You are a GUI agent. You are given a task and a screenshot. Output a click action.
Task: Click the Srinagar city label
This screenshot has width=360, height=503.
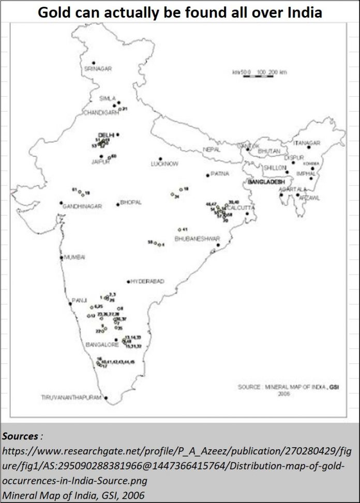coord(98,68)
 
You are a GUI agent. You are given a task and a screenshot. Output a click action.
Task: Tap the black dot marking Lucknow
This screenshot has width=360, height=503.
coord(161,158)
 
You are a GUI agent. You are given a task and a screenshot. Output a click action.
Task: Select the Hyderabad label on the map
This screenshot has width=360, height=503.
coord(148,281)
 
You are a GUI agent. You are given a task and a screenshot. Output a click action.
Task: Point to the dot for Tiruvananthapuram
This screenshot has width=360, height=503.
coord(106,398)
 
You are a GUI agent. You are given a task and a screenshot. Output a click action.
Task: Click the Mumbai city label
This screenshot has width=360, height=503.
coord(74,257)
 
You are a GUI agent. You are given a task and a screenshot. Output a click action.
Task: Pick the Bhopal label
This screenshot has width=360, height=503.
coord(131,202)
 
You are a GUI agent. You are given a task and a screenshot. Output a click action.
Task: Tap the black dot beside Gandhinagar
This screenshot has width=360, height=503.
coord(62,203)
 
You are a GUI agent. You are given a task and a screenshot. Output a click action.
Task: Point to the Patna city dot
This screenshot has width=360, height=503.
coord(208,175)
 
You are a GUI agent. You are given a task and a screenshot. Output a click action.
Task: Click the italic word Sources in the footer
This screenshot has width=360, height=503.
coord(20,436)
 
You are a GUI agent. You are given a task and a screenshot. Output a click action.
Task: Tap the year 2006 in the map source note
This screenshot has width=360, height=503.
coord(283,393)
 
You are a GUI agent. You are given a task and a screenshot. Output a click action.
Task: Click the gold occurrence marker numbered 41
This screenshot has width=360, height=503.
coord(179,230)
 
